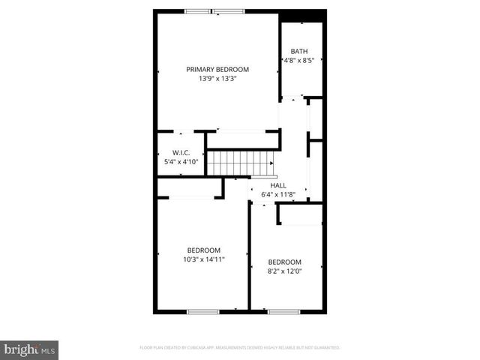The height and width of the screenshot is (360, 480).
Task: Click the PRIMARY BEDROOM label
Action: click(x=217, y=69)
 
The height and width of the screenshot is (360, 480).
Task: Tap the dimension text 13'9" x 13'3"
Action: click(x=217, y=78)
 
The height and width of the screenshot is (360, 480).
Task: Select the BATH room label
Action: click(x=299, y=51)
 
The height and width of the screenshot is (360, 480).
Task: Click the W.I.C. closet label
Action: click(x=180, y=152)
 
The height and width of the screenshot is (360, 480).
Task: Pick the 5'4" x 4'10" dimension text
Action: click(x=180, y=161)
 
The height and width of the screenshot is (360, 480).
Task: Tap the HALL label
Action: click(x=278, y=185)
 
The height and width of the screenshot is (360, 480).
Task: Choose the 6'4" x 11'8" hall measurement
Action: click(x=278, y=194)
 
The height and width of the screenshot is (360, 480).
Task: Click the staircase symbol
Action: click(x=238, y=163)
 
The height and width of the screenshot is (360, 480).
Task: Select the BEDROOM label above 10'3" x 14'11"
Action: click(x=204, y=250)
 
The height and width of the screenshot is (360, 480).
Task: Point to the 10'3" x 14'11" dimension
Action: click(x=204, y=259)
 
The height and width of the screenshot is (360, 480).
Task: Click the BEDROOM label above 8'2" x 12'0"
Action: click(x=285, y=262)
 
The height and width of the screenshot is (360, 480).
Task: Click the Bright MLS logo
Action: click(x=29, y=349)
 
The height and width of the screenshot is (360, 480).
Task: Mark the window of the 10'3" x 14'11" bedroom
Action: click(x=202, y=311)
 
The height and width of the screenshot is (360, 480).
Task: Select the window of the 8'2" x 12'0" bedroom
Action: click(x=283, y=311)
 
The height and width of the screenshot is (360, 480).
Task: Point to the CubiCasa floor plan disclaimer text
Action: click(x=240, y=348)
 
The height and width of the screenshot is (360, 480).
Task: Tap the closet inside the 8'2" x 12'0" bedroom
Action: click(x=300, y=214)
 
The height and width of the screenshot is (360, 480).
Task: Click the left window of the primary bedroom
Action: click(x=198, y=11)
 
